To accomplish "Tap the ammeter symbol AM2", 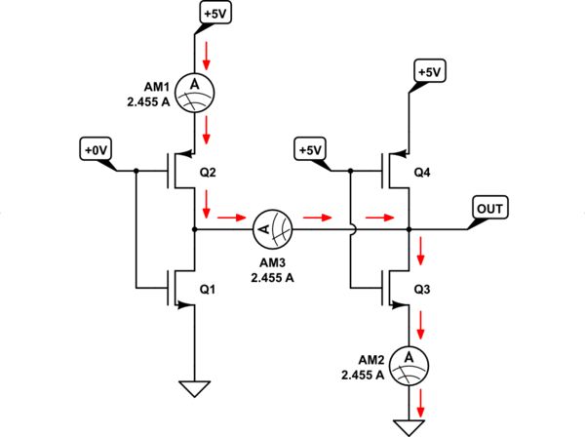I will coord(408,361).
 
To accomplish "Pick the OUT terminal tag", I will coord(487,208).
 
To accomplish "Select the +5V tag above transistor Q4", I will coord(428,72).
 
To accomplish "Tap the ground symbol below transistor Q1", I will coord(196,388).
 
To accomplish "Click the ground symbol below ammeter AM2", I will coord(408,425).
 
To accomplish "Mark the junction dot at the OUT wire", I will coord(408,229).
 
